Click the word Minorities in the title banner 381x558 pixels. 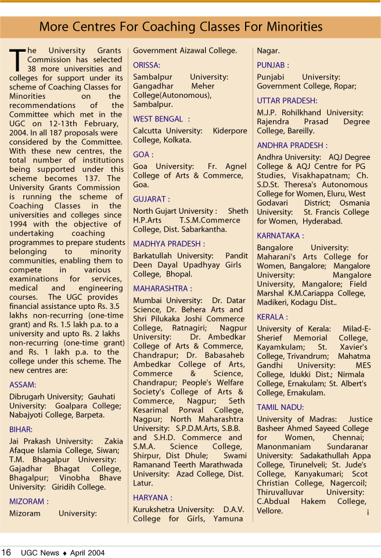pyautogui.click(x=294, y=27)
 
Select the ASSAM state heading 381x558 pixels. pyautogui.click(x=23, y=384)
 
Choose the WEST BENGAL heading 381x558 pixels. pyautogui.click(x=158, y=119)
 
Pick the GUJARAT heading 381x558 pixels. pyautogui.click(x=152, y=199)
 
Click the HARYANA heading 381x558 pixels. pyautogui.click(x=153, y=498)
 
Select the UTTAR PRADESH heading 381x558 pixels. pyautogui.click(x=287, y=100)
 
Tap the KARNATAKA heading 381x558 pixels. pyautogui.click(x=281, y=236)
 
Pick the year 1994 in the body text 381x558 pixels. pyautogui.click(x=20, y=224)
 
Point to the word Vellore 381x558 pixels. pyautogui.click(x=270, y=511)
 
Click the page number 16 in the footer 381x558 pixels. pyautogui.click(x=6, y=553)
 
